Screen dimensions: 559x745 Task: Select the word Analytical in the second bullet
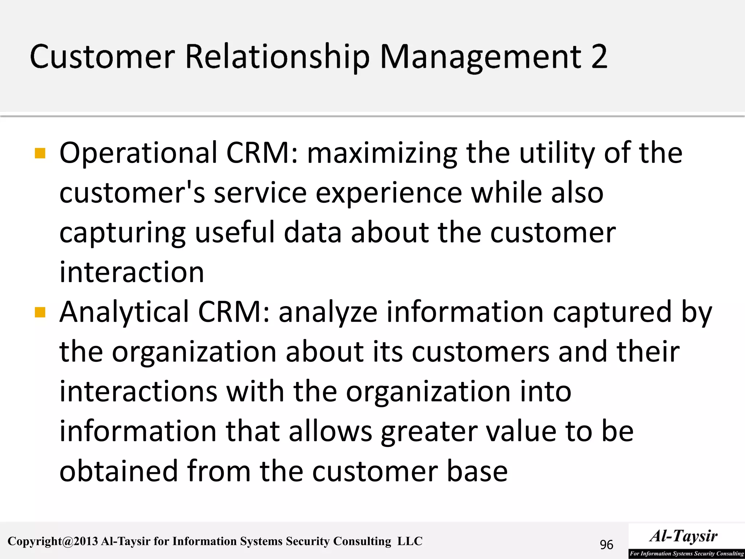[124, 312]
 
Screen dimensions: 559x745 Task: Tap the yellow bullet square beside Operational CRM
[40, 153]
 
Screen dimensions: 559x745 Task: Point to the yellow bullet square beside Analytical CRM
[40, 312]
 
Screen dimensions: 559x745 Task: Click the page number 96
[606, 545]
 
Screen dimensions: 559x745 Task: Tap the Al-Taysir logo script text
[684, 536]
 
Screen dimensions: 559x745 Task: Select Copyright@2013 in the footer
[53, 542]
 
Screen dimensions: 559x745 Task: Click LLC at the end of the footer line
[410, 541]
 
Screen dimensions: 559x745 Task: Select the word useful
[235, 233]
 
